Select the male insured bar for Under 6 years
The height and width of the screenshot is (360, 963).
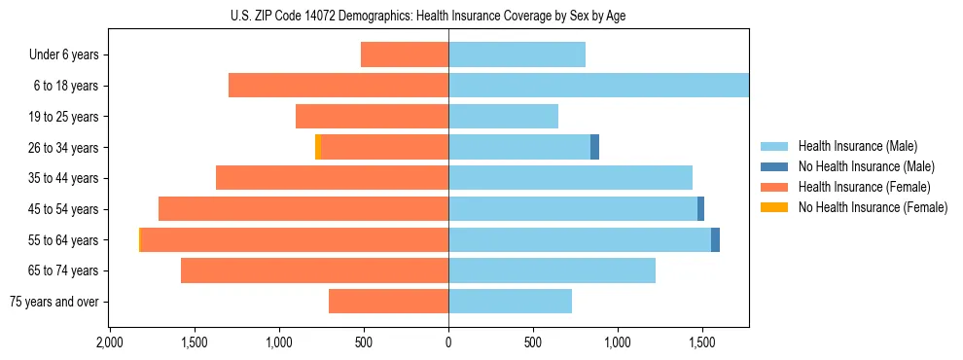point(517,54)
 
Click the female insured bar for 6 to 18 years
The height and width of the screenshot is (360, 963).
point(339,86)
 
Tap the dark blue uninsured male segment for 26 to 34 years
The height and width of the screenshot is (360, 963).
point(594,147)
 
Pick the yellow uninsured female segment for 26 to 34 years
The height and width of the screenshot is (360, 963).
point(318,147)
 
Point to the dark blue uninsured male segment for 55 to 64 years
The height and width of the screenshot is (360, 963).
point(715,239)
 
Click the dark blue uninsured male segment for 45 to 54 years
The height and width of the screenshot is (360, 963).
point(700,208)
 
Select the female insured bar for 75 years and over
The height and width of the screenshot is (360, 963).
point(388,302)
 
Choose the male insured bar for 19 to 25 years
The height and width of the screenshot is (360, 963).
point(503,117)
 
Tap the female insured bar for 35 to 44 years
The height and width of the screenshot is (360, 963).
point(332,178)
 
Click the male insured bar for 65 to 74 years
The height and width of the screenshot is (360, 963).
point(552,270)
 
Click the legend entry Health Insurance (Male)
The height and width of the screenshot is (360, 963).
point(857,146)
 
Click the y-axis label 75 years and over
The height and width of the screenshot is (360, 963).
point(54,302)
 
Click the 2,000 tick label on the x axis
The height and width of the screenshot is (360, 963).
point(110,342)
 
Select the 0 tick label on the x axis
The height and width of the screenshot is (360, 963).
point(448,342)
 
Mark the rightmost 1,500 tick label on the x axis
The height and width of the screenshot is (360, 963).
point(702,342)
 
